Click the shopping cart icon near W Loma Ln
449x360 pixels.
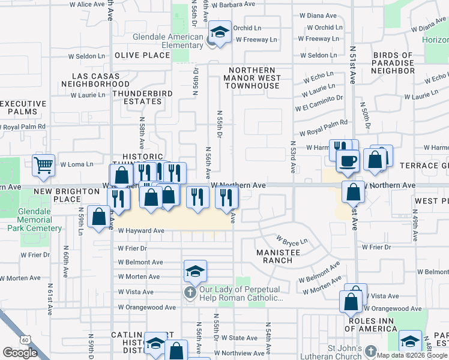tap(43, 165)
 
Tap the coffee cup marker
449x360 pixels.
tap(348, 160)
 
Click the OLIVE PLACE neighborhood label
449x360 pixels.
tap(143, 55)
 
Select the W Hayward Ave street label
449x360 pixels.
tap(141, 230)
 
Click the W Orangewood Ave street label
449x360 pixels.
tap(147, 307)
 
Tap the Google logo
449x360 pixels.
tap(20, 353)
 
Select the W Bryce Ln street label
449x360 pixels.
tap(292, 241)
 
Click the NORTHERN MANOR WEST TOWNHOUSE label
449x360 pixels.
tap(252, 78)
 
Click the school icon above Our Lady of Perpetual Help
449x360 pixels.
tap(195, 271)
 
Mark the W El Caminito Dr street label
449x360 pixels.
tap(319, 103)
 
